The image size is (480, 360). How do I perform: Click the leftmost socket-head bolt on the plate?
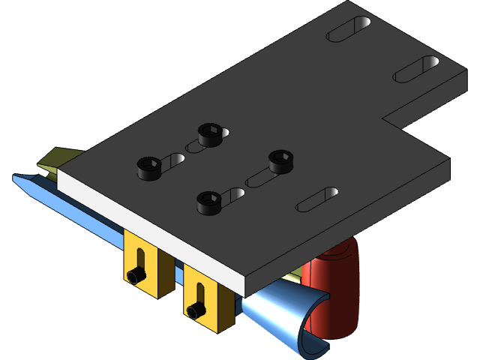click(x=149, y=167)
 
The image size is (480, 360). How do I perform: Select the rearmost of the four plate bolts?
click(x=211, y=133)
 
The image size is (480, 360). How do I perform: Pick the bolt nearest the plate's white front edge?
click(x=209, y=202)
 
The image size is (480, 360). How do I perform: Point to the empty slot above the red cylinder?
click(x=318, y=198)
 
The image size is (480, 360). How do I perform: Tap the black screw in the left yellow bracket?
click(x=136, y=276)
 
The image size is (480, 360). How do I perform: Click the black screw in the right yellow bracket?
click(x=196, y=310)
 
